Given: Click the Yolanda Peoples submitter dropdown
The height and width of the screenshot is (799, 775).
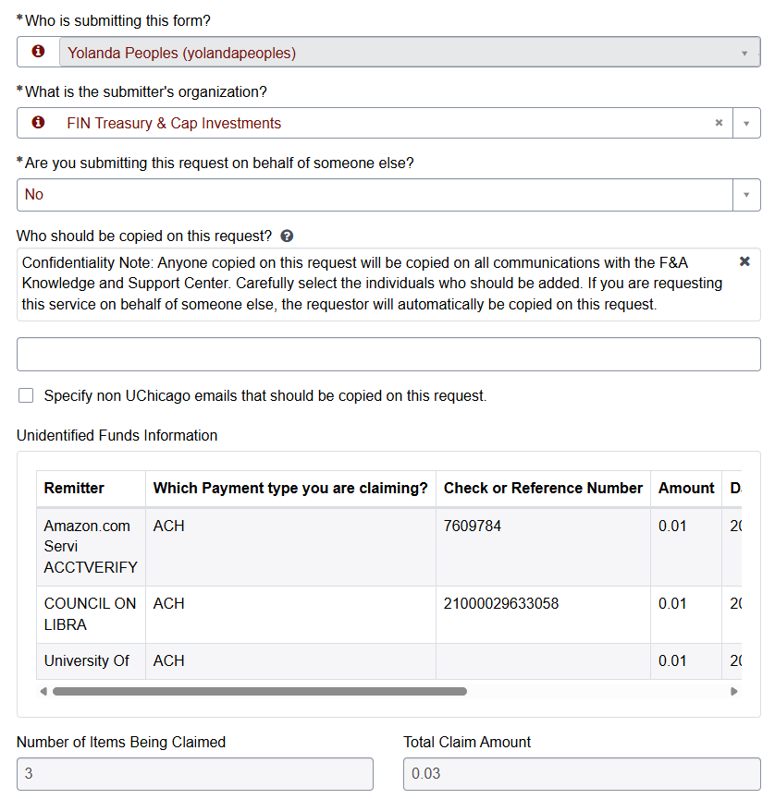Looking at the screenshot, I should [x=407, y=53].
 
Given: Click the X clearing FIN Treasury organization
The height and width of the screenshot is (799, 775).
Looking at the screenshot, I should [x=719, y=123].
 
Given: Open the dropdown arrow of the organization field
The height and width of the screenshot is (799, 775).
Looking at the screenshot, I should [x=746, y=123].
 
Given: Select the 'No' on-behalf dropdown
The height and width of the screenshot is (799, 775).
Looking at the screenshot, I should [x=388, y=194].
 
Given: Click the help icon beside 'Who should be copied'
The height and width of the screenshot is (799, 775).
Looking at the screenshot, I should [x=287, y=236].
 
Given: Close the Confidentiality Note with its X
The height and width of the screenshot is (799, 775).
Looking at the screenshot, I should [x=744, y=262].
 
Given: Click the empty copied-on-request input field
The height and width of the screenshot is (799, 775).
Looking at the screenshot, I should [x=388, y=355].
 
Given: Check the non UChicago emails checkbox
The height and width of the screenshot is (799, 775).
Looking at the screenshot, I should [x=26, y=396].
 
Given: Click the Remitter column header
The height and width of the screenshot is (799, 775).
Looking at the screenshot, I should [x=74, y=488].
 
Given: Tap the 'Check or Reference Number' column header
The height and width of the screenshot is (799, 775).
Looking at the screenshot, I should [x=543, y=488].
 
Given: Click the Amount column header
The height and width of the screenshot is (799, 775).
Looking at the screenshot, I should [x=686, y=488].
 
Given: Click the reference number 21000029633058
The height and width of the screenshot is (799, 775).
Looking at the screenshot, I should [x=501, y=603].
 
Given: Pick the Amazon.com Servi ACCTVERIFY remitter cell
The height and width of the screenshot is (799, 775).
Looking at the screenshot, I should [x=90, y=546].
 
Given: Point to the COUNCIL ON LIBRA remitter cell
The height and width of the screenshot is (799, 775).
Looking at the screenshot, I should [x=90, y=614].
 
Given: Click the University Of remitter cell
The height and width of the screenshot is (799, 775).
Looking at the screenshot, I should [x=87, y=660].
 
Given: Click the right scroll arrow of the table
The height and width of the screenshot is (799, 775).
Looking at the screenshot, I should [x=734, y=691].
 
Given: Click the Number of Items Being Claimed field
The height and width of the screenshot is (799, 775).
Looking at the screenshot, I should [x=194, y=774].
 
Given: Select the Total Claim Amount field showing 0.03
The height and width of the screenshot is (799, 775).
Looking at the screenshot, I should [x=581, y=774].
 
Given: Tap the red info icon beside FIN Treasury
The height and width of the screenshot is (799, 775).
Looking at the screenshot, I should [x=38, y=123].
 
